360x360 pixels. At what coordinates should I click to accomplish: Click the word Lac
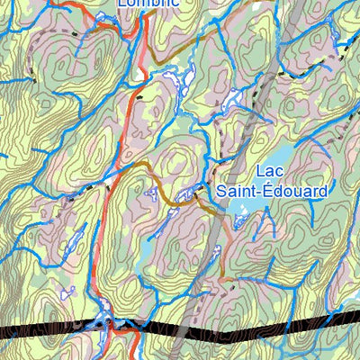pyautogui.click(x=271, y=172)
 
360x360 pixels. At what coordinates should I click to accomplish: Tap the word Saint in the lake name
pyautogui.click(x=236, y=191)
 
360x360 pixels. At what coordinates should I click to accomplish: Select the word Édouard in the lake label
pyautogui.click(x=294, y=191)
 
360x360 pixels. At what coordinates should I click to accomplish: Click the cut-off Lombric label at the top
pyautogui.click(x=149, y=4)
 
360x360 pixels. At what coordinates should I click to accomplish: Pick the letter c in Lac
pyautogui.click(x=281, y=173)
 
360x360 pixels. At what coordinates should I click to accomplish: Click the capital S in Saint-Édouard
pyautogui.click(x=220, y=191)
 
